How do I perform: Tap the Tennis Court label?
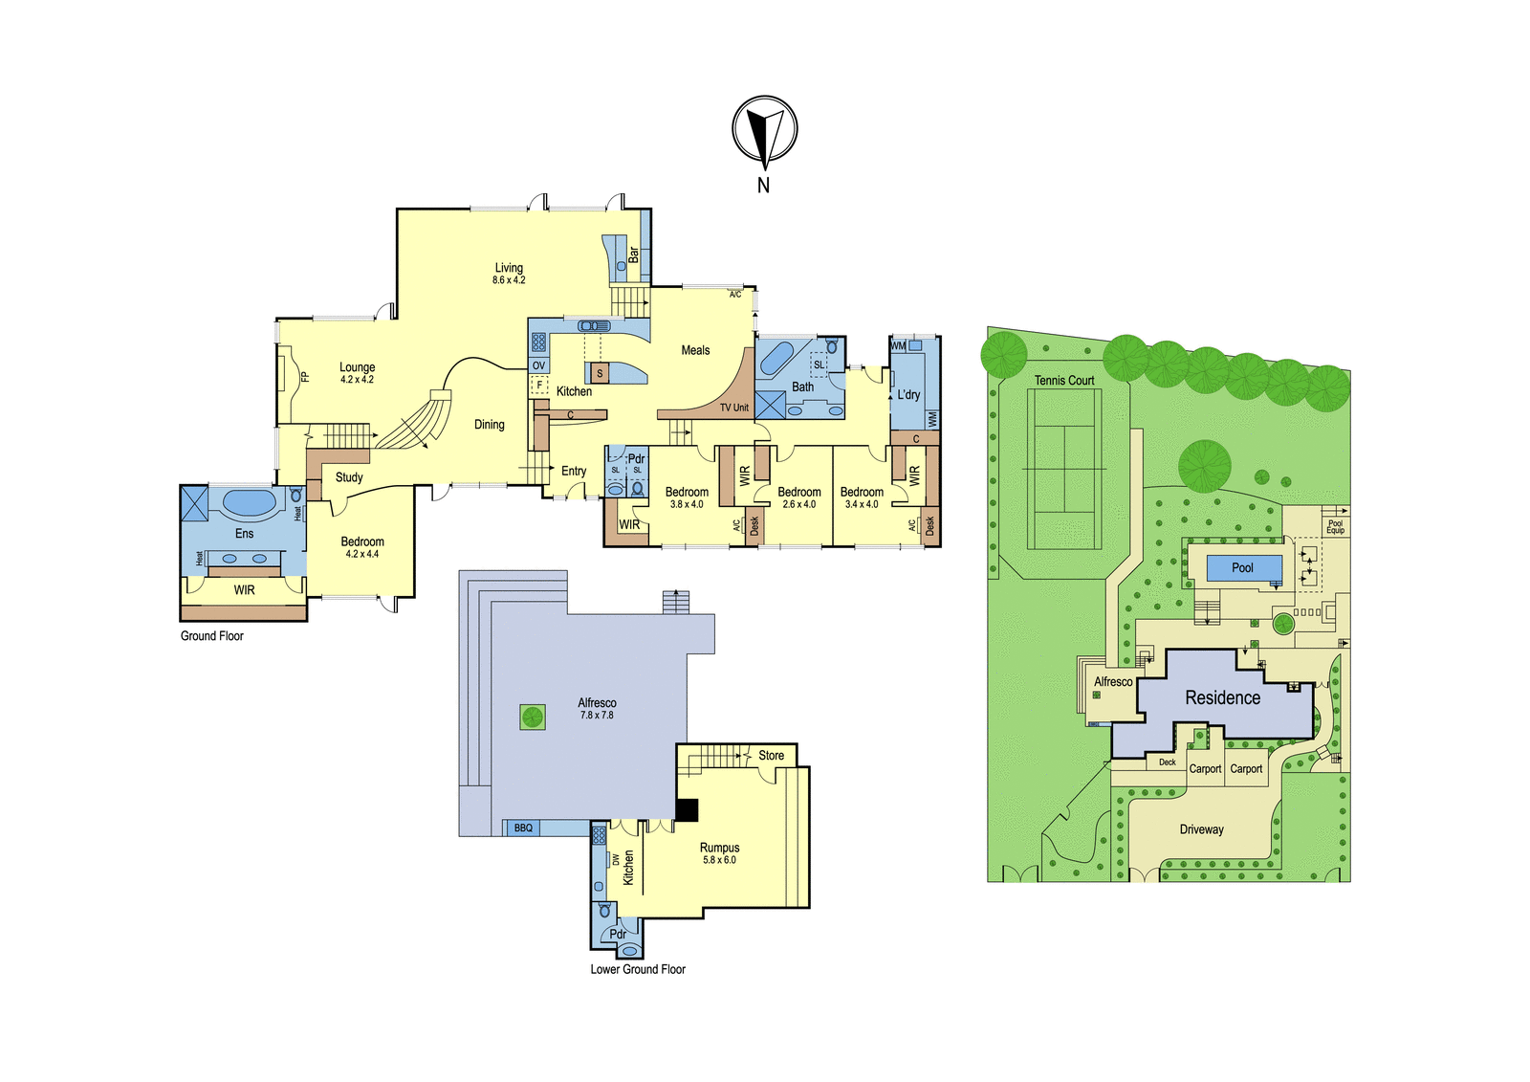[x=1064, y=381]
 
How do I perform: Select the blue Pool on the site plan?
[x=1244, y=568]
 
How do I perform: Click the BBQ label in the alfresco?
[x=523, y=828]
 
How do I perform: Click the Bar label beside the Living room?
[x=633, y=254]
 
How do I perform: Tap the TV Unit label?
[x=734, y=408]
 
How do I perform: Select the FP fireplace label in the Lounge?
[x=305, y=376]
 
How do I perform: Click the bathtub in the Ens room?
[x=250, y=502]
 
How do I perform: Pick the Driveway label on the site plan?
[x=1201, y=829]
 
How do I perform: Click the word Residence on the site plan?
[x=1223, y=697]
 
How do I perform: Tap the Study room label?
[x=349, y=477]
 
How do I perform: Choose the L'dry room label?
[x=908, y=394]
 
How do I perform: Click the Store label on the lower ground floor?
[x=771, y=755]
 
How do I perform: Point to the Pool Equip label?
[x=1335, y=527]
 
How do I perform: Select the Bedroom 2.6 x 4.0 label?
[x=799, y=497]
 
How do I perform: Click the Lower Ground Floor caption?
[x=638, y=969]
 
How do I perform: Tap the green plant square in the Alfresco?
[x=532, y=717]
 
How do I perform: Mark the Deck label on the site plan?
[x=1168, y=762]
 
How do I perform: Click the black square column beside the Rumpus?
[x=687, y=810]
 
